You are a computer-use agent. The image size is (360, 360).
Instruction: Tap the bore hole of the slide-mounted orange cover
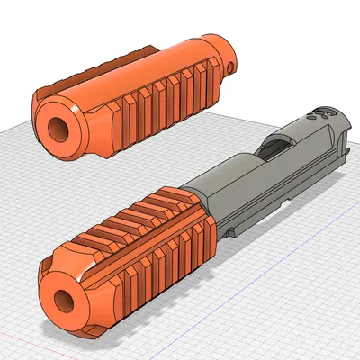pos(65,301)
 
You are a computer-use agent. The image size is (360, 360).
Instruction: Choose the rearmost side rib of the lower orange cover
pos(204,238)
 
